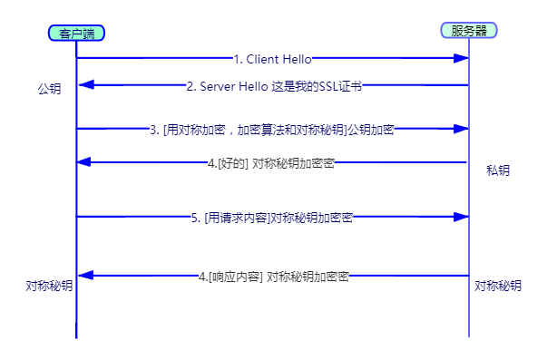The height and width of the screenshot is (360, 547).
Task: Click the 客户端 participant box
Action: coord(76,34)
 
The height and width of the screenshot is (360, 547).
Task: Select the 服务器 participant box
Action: coord(469,30)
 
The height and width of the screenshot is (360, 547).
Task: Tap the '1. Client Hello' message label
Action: coord(272,59)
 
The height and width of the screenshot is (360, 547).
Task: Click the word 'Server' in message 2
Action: coord(221,86)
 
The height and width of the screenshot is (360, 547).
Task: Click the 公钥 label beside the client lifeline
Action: coord(50,90)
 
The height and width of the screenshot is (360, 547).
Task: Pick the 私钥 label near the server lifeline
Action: coord(497,170)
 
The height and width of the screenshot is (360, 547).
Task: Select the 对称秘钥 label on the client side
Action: coord(50,285)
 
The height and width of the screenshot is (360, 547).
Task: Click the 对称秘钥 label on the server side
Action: coord(498,286)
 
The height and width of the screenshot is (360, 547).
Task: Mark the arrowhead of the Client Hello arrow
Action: coord(462,58)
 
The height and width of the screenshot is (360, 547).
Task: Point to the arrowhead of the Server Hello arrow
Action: coord(85,85)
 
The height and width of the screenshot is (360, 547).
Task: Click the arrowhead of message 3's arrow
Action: coord(462,129)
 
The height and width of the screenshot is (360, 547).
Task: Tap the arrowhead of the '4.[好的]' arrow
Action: coord(85,162)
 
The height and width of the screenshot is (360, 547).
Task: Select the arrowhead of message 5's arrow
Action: coord(462,217)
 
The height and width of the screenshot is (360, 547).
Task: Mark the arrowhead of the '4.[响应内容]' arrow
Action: coord(85,275)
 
